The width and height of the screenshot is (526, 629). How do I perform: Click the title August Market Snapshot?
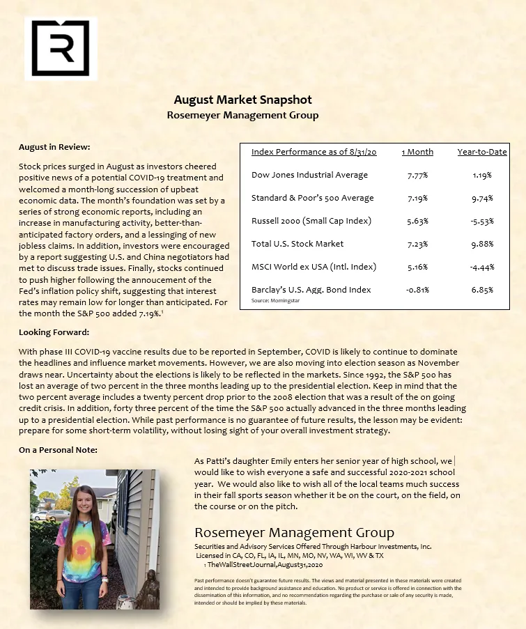(242, 100)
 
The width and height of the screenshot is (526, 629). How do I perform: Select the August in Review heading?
(54, 147)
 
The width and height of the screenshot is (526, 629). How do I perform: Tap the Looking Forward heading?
(54, 332)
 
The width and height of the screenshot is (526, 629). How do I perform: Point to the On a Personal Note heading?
(58, 450)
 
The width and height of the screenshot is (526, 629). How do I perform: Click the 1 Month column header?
(417, 152)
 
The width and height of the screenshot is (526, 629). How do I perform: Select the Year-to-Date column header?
(481, 152)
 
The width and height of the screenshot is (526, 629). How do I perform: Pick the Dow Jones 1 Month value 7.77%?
(417, 176)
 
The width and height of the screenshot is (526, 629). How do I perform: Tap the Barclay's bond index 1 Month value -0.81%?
(417, 290)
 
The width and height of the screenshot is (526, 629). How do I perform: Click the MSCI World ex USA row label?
(314, 267)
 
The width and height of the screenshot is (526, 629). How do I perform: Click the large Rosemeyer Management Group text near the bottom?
(294, 534)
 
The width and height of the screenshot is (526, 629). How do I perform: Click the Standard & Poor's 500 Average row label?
(312, 199)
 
